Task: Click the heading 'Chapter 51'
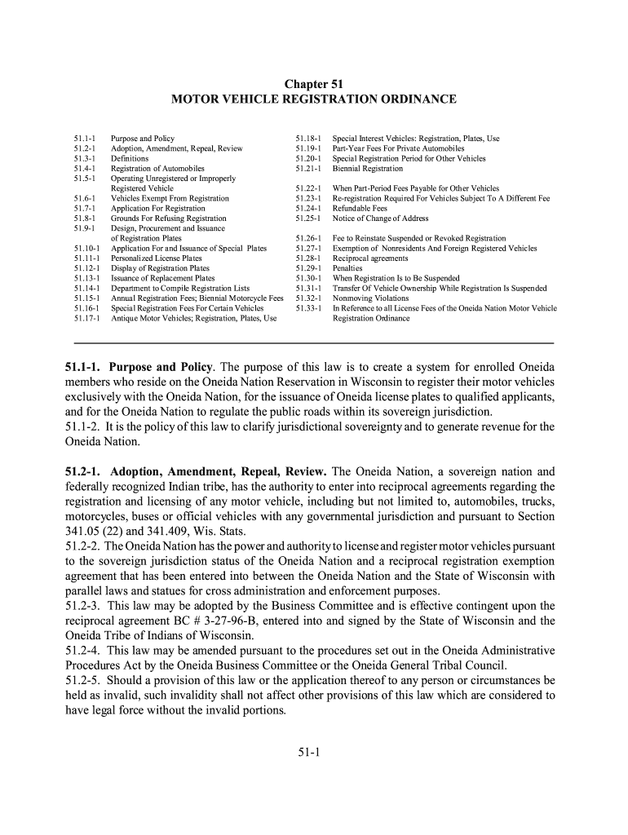click(x=313, y=84)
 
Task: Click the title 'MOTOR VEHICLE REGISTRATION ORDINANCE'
click(x=314, y=99)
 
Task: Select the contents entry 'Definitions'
click(x=130, y=158)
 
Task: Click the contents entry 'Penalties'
click(x=347, y=268)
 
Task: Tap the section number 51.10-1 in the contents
click(x=86, y=248)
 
